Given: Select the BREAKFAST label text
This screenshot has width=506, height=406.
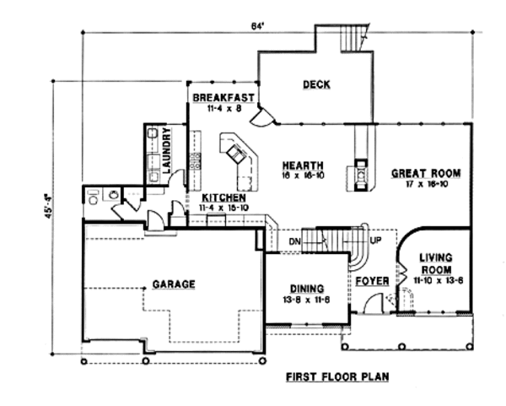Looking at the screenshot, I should tap(222, 98).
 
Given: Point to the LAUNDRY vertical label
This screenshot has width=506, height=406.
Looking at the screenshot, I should tap(168, 150).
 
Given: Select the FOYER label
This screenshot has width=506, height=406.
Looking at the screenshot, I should tap(371, 279).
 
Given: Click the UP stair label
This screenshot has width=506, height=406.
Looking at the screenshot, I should tap(375, 240).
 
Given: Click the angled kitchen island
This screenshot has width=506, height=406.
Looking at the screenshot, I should tap(237, 157).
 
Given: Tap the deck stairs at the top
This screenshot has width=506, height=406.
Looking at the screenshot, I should tap(353, 39).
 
